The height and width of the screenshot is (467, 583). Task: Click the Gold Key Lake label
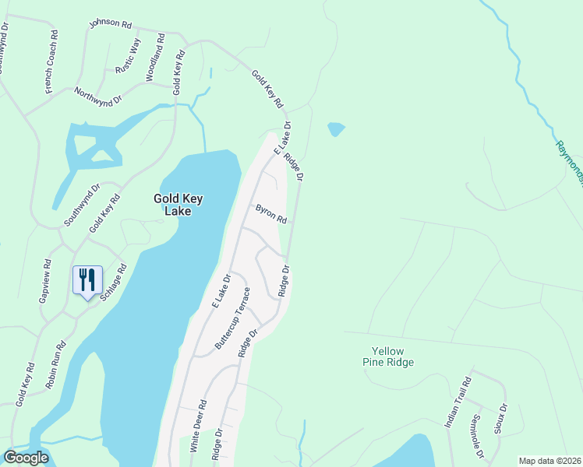[178, 205]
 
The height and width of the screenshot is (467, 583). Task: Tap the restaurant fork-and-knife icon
[87, 279]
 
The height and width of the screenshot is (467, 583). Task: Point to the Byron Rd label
[271, 214]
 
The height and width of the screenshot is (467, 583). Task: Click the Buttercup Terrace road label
[233, 318]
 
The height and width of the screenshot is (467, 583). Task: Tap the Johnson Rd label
[111, 23]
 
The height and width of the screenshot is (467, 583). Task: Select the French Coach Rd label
[52, 62]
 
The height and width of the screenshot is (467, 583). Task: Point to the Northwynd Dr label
[98, 97]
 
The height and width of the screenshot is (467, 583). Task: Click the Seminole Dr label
[477, 436]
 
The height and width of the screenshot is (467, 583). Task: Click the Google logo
[26, 458]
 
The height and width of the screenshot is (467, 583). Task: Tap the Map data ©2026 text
[549, 461]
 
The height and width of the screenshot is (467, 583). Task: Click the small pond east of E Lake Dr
[336, 128]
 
